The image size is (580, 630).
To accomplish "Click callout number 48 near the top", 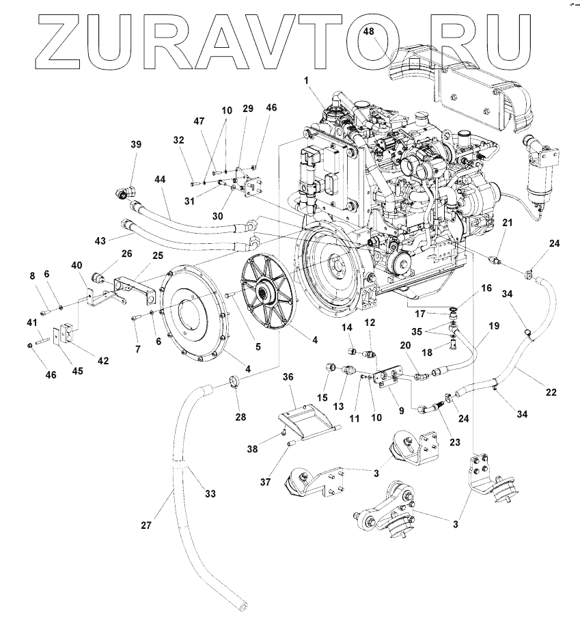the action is pos(369,31).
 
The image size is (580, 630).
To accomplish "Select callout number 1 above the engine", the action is pos(307,80).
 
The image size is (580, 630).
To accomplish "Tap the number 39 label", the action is pos(136,144).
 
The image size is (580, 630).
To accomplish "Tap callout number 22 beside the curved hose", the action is pos(551,392).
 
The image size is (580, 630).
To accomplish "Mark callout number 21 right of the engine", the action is pos(506,223).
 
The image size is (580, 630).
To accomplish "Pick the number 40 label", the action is pos(77,265).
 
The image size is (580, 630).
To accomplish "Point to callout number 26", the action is pos(126,253).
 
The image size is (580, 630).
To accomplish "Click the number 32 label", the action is pos(179,139).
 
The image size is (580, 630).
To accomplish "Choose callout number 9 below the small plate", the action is pos(401,411).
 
